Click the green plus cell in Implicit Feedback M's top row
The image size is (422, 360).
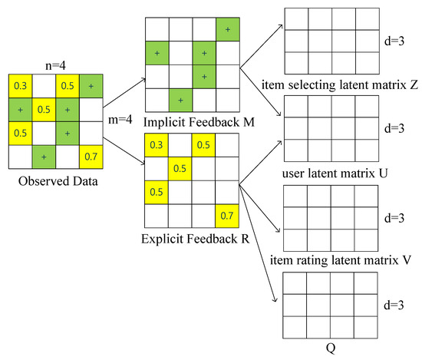click(x=226, y=29)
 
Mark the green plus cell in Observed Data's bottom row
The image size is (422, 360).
click(x=44, y=158)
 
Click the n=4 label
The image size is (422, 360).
click(x=55, y=67)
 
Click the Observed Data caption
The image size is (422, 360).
click(x=56, y=182)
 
